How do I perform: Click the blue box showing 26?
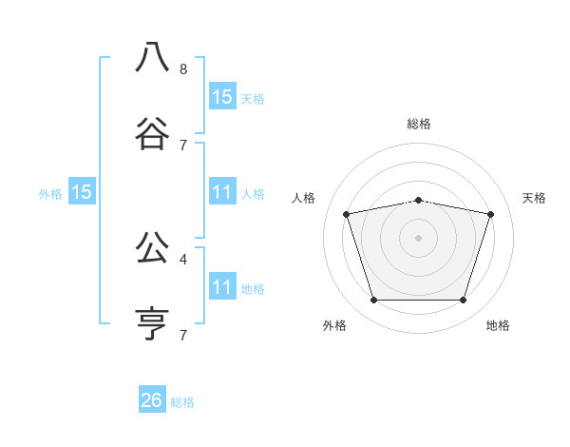point(152,400)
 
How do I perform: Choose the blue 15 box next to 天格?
point(221,96)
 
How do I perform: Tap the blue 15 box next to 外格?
point(82,192)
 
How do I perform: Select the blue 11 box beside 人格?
point(221,192)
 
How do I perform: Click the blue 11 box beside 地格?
point(221,287)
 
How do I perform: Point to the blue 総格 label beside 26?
point(182,402)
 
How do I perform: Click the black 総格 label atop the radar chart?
point(419,124)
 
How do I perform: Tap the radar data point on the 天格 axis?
point(490,214)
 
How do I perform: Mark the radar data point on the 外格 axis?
point(373,301)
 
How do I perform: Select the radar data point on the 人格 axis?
point(347,214)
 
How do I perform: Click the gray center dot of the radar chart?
point(419,237)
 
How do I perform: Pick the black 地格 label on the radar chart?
point(498,325)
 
